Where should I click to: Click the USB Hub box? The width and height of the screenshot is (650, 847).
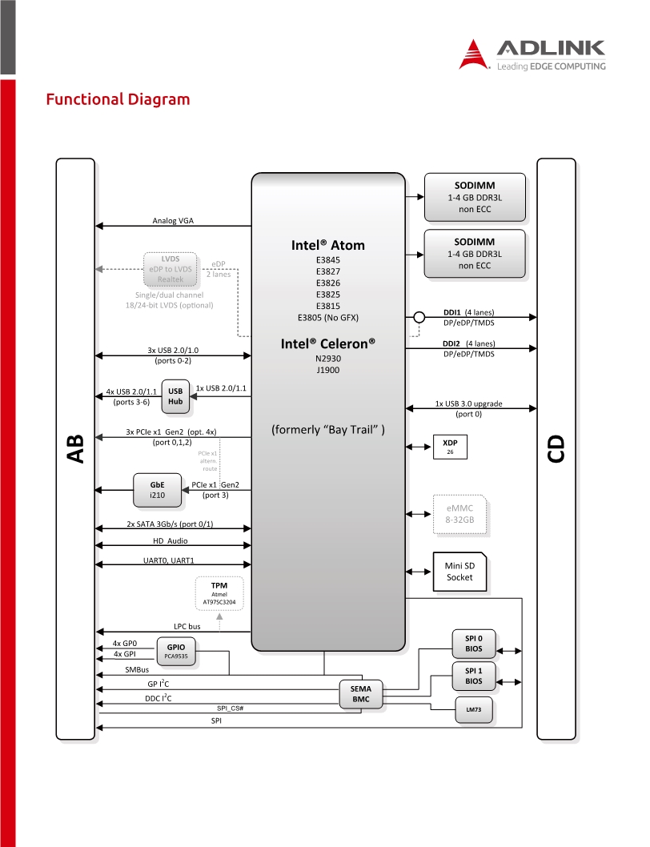click(x=175, y=396)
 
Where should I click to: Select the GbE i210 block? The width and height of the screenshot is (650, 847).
click(x=157, y=490)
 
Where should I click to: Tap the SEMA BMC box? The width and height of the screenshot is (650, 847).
click(x=361, y=694)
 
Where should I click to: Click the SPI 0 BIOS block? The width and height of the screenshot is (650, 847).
click(x=474, y=644)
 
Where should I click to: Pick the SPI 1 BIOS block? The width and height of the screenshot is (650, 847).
click(x=474, y=676)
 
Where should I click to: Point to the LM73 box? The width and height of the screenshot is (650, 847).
click(x=474, y=709)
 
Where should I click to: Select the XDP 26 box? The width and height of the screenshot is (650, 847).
click(x=450, y=447)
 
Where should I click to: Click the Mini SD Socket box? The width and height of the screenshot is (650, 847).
click(x=459, y=572)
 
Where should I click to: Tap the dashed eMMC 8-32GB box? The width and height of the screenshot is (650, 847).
click(x=459, y=514)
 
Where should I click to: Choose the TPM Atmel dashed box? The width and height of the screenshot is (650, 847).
click(x=219, y=593)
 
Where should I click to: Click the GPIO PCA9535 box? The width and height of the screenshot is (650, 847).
click(x=176, y=651)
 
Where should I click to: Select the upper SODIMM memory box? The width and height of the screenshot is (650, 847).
click(x=475, y=197)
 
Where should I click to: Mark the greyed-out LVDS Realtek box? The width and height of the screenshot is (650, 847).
click(x=171, y=269)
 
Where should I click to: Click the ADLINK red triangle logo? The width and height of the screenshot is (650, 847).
click(x=473, y=54)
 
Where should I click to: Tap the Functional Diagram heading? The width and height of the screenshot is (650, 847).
click(x=118, y=99)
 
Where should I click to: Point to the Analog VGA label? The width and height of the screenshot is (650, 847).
click(x=173, y=220)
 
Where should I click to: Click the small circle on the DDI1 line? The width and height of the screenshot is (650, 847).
click(x=419, y=317)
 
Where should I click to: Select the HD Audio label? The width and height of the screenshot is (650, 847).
click(x=171, y=540)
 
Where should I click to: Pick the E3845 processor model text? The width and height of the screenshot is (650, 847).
click(x=328, y=260)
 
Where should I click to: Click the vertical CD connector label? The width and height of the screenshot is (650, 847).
click(x=556, y=449)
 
